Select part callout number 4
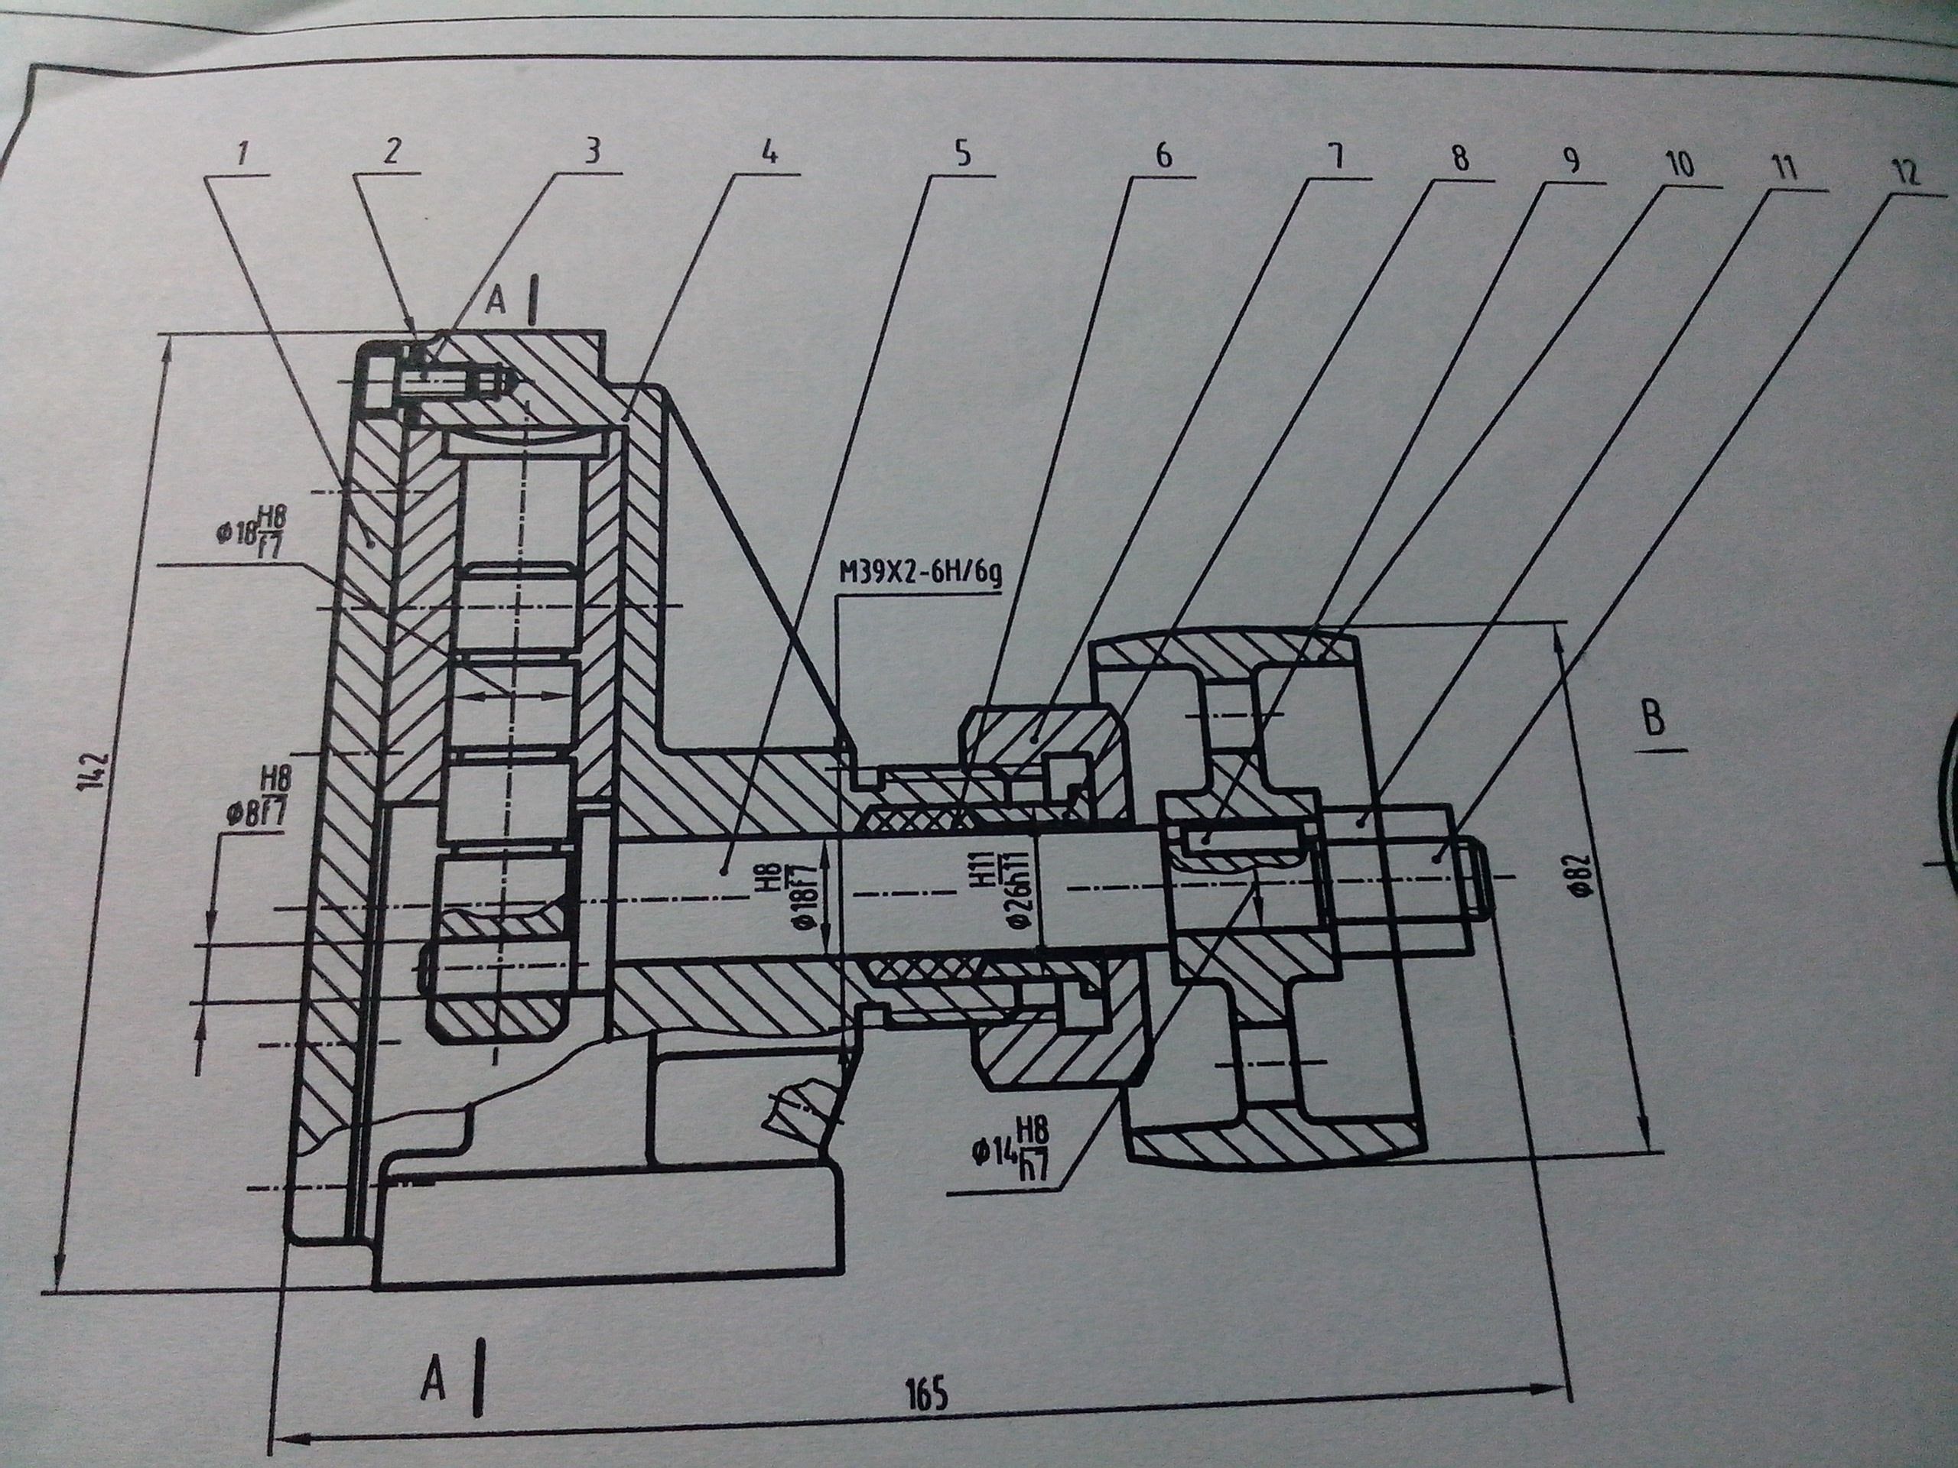[x=769, y=152]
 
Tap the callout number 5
[x=962, y=153]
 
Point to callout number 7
[x=1337, y=158]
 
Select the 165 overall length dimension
[x=927, y=1394]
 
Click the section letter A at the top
[x=496, y=302]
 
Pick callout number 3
[x=592, y=151]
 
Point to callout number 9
[x=1569, y=161]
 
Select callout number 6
[x=1163, y=155]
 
